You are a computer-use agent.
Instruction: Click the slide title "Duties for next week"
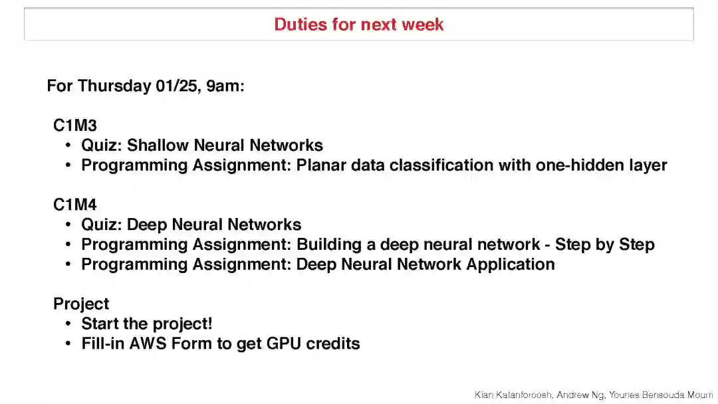[359, 25]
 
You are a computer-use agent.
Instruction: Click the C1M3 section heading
[75, 125]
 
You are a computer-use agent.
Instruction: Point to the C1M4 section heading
[75, 205]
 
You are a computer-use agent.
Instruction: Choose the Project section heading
[81, 304]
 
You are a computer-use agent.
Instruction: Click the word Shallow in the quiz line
[157, 145]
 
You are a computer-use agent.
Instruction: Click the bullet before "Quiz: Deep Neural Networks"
[68, 225]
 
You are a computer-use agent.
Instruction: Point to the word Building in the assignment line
[328, 245]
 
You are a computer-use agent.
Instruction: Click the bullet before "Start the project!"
[68, 324]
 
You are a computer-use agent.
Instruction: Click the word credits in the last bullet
[333, 344]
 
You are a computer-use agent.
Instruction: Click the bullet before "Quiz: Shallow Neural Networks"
[68, 145]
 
